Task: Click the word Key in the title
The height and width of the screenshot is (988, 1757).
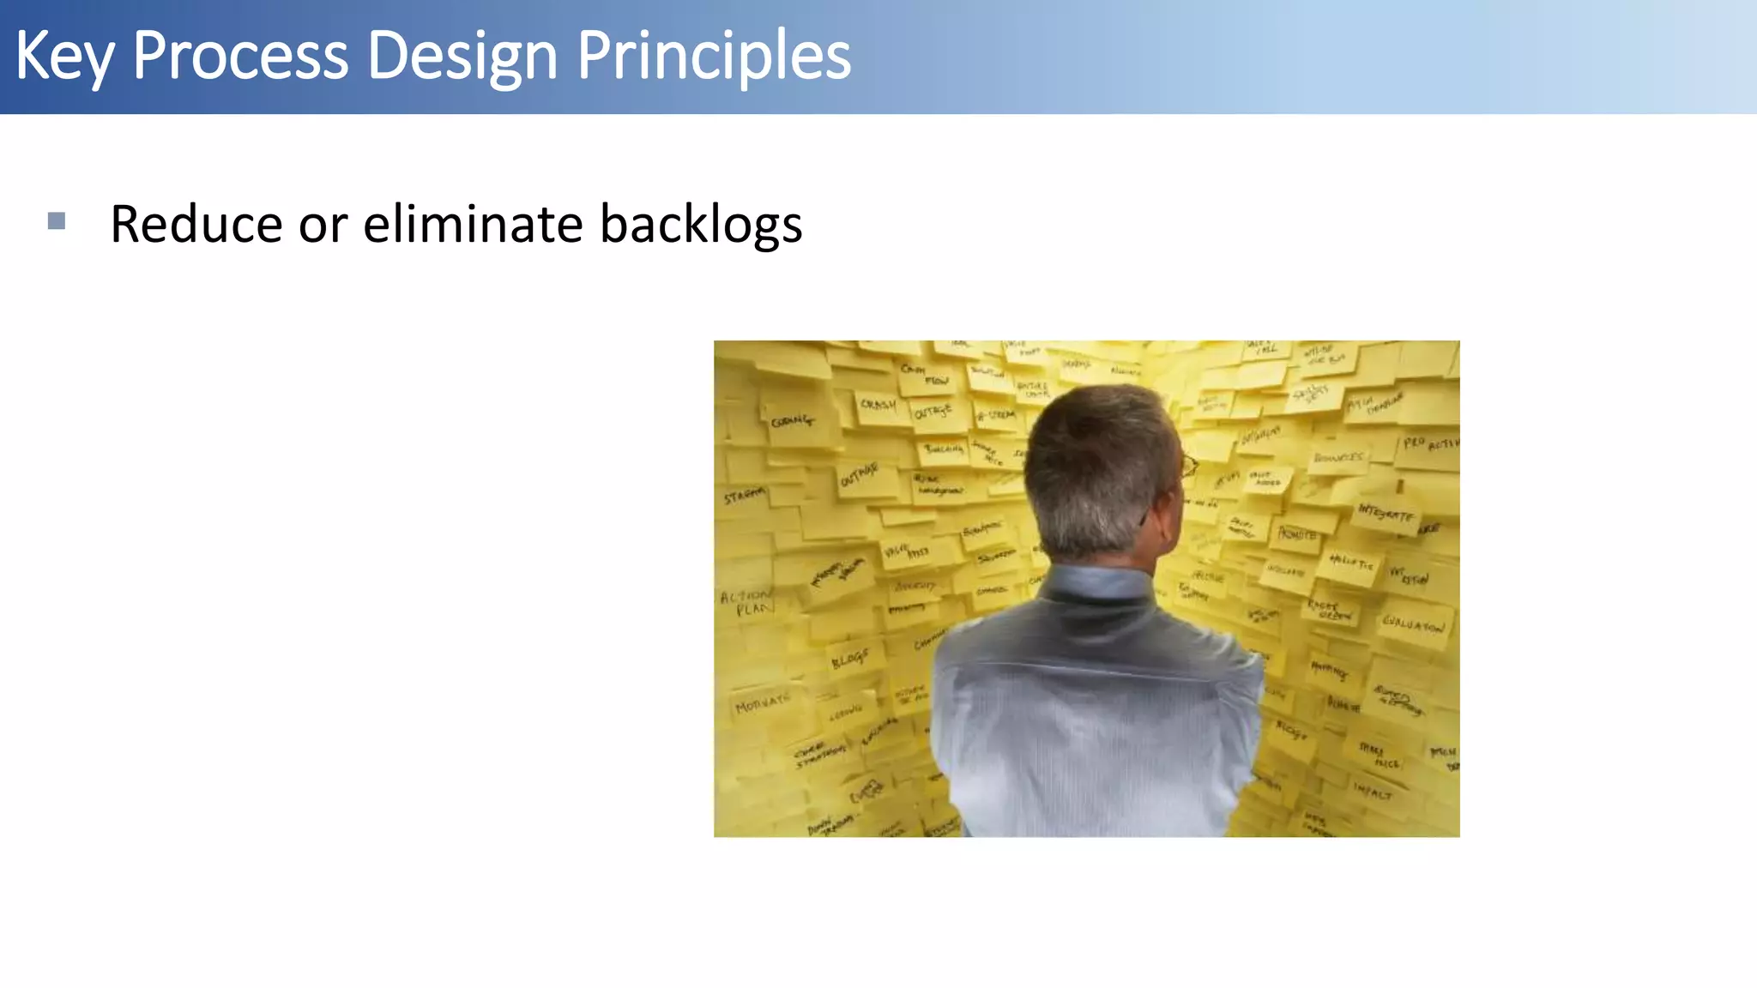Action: tap(63, 57)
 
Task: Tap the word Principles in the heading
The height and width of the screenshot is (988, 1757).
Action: tap(713, 57)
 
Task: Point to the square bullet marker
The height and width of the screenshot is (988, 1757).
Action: tap(57, 221)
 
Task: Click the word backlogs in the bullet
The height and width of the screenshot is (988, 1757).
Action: tap(700, 225)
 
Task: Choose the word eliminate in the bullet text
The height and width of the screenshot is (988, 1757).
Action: tap(474, 225)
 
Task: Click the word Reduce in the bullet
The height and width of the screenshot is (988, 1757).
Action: tap(196, 225)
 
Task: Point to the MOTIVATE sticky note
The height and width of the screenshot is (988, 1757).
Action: tap(762, 703)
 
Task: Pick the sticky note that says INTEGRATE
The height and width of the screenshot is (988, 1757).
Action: tap(1386, 514)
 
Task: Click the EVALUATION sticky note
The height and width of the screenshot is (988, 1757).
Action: tap(1412, 624)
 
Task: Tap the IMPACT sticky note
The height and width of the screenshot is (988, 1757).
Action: tap(1373, 790)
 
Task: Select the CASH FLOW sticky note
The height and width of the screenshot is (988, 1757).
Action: tap(925, 374)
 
